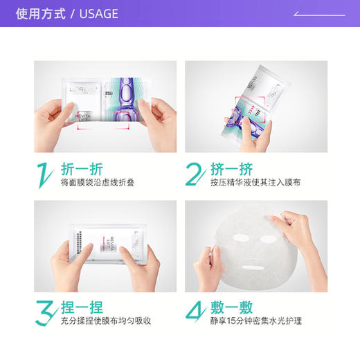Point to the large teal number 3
[44, 313]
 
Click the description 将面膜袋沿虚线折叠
[99, 183]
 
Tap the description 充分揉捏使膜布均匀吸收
[106, 321]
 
